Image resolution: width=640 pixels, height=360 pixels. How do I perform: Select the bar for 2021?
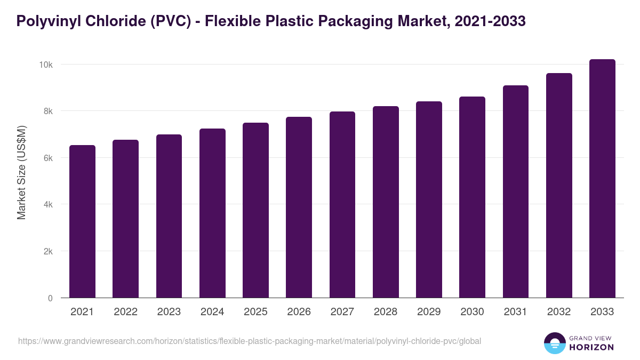[x=82, y=221]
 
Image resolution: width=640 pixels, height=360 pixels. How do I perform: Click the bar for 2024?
[x=212, y=213]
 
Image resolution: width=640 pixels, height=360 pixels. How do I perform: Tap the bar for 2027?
[x=342, y=205]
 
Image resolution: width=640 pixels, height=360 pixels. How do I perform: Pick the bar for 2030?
[x=473, y=197]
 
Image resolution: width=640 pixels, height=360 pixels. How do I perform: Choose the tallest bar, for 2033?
[x=602, y=179]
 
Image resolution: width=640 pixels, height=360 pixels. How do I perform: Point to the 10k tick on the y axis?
[x=45, y=65]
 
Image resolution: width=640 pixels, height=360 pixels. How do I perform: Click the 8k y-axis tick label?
[x=47, y=111]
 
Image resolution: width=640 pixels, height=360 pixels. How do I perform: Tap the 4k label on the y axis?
[x=47, y=204]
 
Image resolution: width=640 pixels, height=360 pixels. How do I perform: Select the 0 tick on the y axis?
[x=50, y=298]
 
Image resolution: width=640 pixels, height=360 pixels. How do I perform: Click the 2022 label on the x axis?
[x=125, y=312]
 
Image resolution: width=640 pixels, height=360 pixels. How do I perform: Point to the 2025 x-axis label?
[x=255, y=312]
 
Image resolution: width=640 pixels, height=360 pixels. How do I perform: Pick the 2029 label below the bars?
[x=429, y=312]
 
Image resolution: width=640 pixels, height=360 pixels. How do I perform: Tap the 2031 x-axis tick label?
[x=516, y=312]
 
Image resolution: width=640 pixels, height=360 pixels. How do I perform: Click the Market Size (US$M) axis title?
[x=21, y=172]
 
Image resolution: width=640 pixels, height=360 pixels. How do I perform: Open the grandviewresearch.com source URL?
[x=250, y=341]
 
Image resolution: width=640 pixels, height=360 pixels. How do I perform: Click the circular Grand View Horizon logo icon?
[x=554, y=343]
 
